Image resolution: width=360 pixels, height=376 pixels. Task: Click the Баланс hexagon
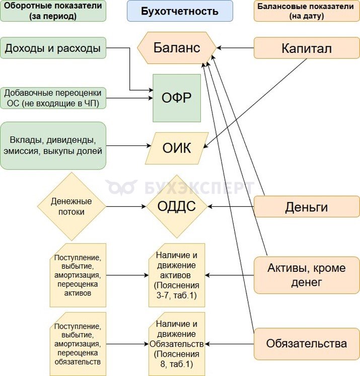[177, 48]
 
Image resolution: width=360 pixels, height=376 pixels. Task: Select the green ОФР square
[177, 98]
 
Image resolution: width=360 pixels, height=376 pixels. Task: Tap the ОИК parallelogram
[177, 148]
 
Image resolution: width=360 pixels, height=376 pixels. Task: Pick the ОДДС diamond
[177, 206]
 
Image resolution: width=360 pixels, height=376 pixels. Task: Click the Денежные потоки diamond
[71, 206]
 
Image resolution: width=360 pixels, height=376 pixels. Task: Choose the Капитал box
[307, 48]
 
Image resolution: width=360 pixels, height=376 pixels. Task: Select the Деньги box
[307, 206]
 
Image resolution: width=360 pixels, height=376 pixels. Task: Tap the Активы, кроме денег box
[307, 275]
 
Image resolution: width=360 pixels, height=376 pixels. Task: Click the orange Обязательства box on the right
[307, 344]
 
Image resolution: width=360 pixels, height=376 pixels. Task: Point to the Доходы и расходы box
[53, 48]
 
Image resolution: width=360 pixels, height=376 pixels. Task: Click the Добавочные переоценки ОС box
[53, 98]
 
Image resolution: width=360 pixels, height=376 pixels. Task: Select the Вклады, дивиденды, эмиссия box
[53, 145]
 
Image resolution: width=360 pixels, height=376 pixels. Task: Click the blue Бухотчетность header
[180, 11]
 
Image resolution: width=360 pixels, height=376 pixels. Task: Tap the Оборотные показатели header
[53, 11]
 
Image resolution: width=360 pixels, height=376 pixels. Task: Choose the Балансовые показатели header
[307, 11]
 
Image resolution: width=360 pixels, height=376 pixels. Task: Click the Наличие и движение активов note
[177, 275]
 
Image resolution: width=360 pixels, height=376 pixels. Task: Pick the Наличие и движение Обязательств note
[177, 344]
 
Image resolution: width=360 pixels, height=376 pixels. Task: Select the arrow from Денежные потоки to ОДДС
[126, 206]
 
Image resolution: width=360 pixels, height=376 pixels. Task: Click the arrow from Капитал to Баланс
[236, 48]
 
